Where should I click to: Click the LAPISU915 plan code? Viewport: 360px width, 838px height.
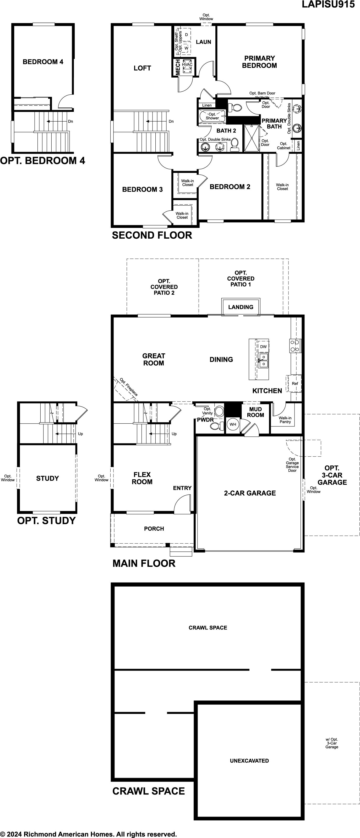(328, 4)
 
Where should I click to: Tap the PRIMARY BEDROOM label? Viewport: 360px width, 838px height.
(259, 62)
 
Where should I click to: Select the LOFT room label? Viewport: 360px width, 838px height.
(142, 68)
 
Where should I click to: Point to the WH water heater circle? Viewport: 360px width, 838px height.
(233, 424)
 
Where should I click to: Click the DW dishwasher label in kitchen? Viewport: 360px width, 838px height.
(263, 347)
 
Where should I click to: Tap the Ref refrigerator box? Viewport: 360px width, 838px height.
(294, 384)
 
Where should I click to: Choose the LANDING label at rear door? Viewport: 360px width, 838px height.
(241, 307)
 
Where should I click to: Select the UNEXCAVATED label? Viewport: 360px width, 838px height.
(249, 760)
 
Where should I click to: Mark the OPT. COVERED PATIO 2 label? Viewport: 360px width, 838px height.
(164, 287)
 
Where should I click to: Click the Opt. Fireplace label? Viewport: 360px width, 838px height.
(129, 387)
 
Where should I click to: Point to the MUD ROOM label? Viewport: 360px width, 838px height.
(255, 412)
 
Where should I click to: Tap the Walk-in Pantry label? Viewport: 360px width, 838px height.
(285, 420)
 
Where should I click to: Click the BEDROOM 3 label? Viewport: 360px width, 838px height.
(142, 189)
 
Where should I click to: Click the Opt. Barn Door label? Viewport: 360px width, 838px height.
(262, 93)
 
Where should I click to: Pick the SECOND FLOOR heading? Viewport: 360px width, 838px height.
(152, 235)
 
